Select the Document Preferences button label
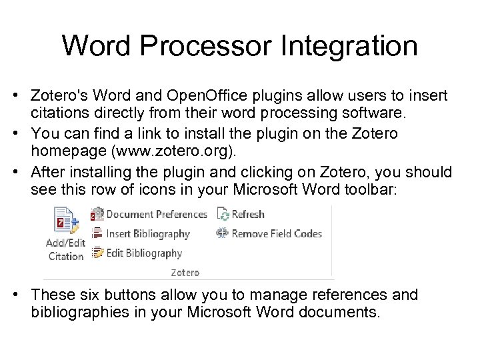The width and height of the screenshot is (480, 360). point(157,214)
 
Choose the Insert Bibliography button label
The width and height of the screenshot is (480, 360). point(148,233)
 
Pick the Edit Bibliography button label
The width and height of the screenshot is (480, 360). point(144,253)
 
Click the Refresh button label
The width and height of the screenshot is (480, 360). point(248,214)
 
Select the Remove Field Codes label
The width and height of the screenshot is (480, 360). point(277,233)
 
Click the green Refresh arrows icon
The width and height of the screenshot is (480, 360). point(223,214)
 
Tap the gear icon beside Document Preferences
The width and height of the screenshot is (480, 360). point(98,214)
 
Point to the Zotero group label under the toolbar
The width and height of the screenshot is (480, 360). point(185,272)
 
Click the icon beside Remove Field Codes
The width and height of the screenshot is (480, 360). point(222,233)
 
